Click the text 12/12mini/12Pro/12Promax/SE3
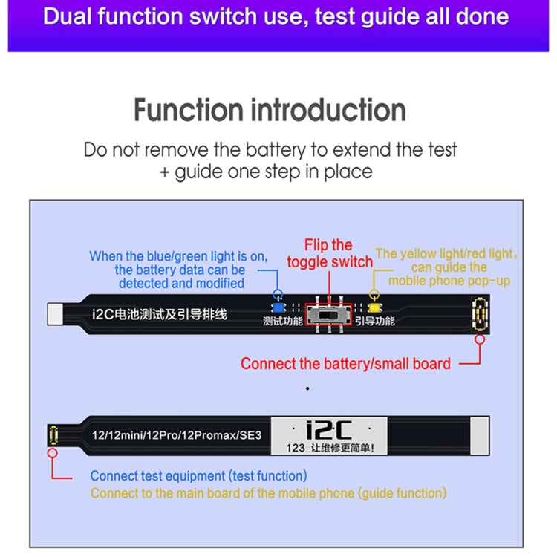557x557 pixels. [172, 436]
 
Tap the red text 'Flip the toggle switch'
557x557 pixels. [330, 253]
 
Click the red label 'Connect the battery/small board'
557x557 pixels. [345, 363]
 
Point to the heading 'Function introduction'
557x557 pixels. [270, 111]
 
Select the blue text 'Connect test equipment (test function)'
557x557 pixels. [198, 475]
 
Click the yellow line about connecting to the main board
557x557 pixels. [268, 492]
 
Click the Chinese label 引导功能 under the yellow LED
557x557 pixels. [374, 322]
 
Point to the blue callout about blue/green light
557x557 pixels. [178, 270]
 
